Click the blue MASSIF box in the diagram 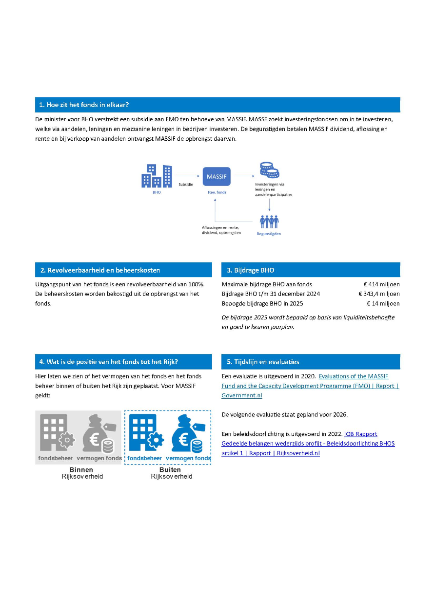[217, 177]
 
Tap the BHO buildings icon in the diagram [157, 176]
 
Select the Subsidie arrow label [186, 185]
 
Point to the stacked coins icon [269, 170]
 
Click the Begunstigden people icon [269, 222]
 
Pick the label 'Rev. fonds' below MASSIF [217, 192]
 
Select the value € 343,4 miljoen [379, 294]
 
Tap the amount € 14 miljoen [383, 304]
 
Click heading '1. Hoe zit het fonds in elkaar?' [84, 105]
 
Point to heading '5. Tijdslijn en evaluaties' [263, 362]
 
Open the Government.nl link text [241, 395]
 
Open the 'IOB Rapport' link [360, 434]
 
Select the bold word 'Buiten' [170, 470]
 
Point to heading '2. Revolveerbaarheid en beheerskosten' [100, 270]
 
